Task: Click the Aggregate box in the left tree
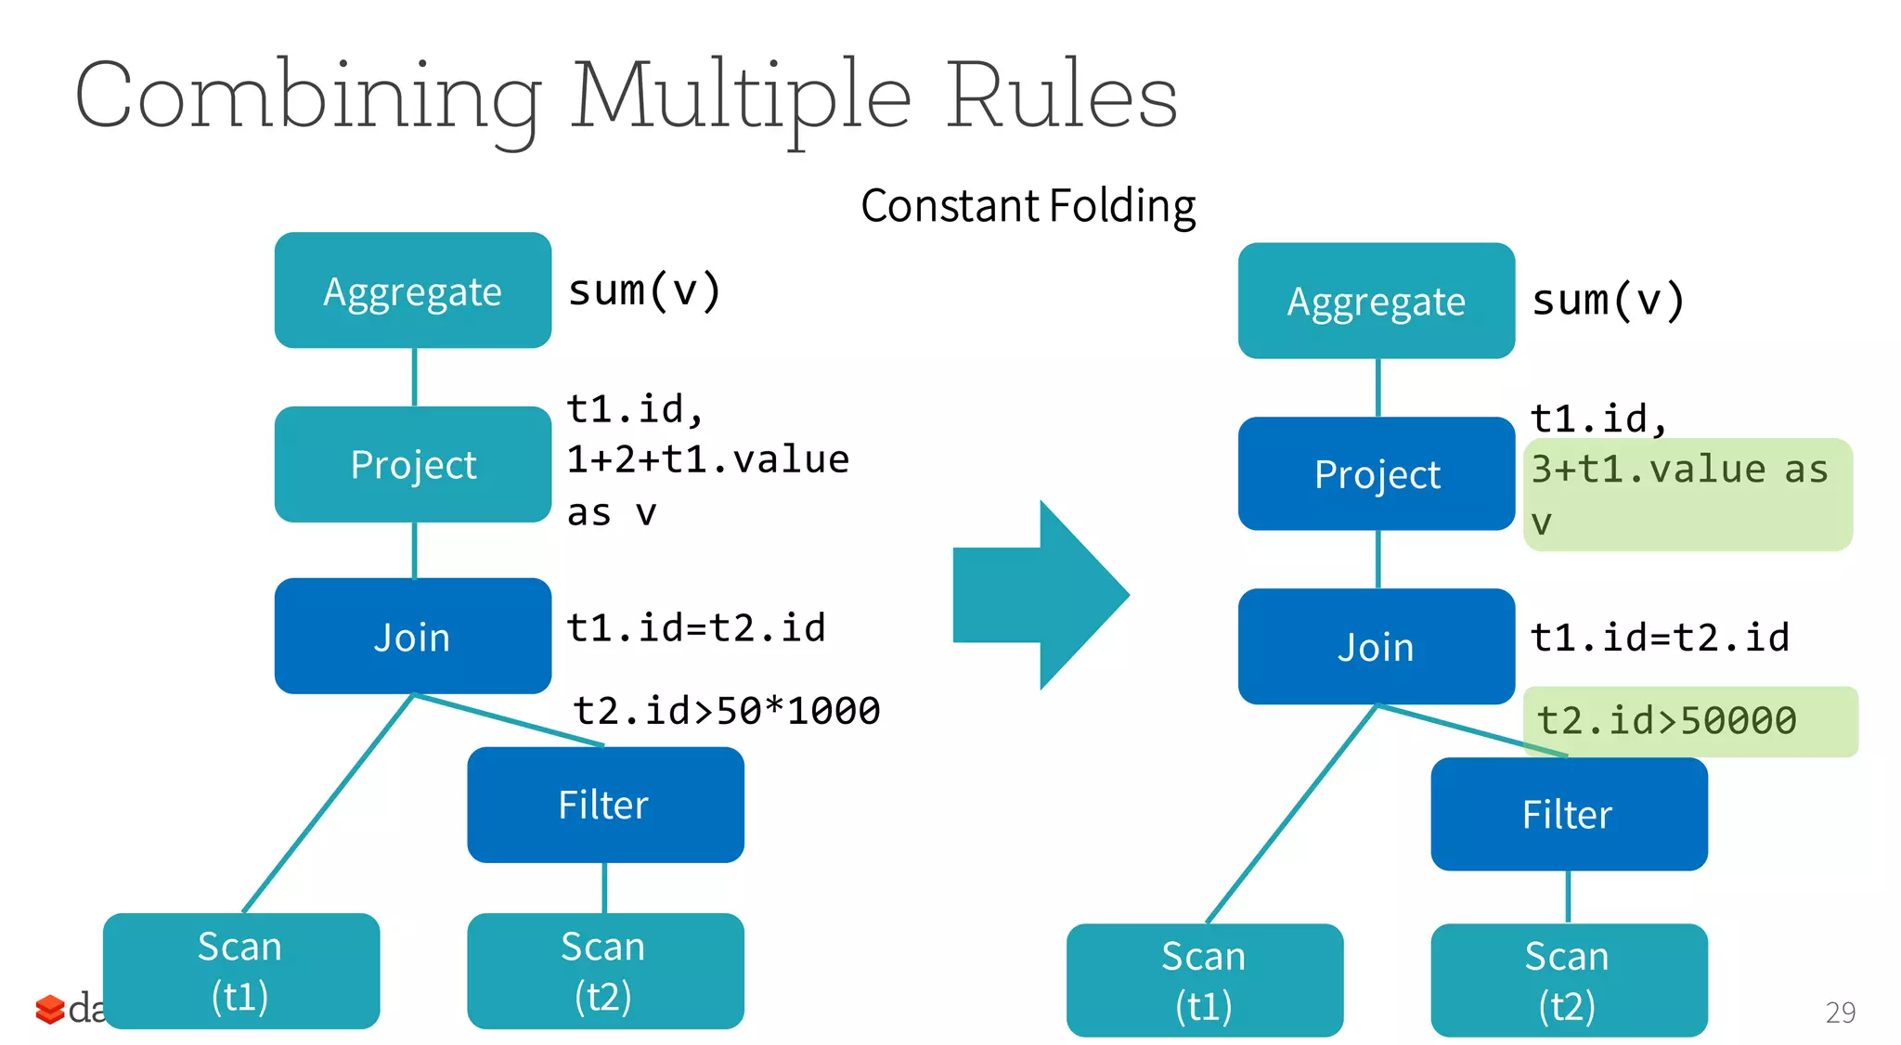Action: point(413,290)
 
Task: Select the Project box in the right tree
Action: point(1377,474)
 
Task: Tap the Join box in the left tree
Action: point(413,637)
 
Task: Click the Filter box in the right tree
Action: point(1569,814)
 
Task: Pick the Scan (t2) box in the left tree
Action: point(605,971)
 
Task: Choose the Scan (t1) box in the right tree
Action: point(1204,980)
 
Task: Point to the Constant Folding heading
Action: point(1028,206)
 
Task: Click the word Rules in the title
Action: point(1061,96)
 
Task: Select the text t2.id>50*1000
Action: point(726,711)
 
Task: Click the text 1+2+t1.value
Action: point(707,459)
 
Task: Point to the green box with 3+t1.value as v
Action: point(1688,495)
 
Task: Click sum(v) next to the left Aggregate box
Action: point(644,290)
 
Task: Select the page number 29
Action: point(1840,1012)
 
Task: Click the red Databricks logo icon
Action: point(49,1009)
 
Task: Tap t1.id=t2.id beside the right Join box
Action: point(1659,638)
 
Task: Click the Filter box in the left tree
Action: point(605,805)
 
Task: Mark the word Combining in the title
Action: point(306,97)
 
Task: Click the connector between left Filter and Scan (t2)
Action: point(605,888)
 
